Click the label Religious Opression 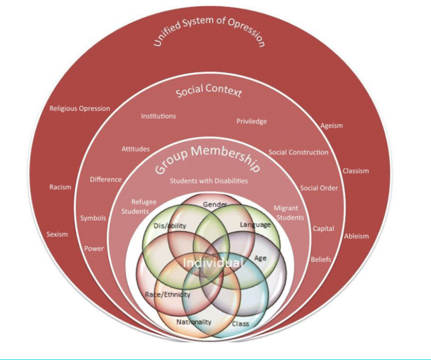coord(80,108)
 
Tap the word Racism coord(60,188)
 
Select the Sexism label coord(57,234)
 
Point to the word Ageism coord(332,126)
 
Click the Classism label coord(356,171)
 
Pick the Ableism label coord(356,236)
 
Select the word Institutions coord(158,116)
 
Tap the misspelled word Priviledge coord(251,121)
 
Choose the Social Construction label coord(298,152)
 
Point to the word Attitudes coord(136,149)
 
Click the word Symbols coord(93,218)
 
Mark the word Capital coord(323,229)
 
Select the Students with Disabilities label coord(209,181)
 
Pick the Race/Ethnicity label coord(168,294)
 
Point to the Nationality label coord(194,322)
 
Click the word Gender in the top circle coord(215,205)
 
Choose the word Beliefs coord(320,260)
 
